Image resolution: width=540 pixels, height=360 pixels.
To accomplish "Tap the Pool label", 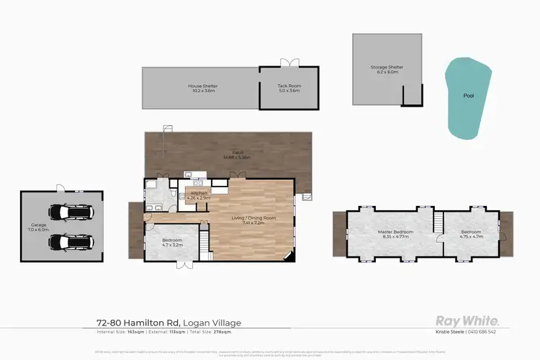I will coord(469,94).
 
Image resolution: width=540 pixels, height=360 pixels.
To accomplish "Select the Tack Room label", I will coord(289,86).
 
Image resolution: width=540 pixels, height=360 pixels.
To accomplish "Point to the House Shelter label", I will coord(204,86).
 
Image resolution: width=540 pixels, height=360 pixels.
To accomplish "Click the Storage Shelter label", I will coord(387,67).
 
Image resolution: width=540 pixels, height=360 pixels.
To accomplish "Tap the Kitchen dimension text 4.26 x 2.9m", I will coord(199,198).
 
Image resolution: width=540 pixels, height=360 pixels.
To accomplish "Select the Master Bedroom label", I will coord(394,232).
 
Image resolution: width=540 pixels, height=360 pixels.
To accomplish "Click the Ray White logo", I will coord(468,321).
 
